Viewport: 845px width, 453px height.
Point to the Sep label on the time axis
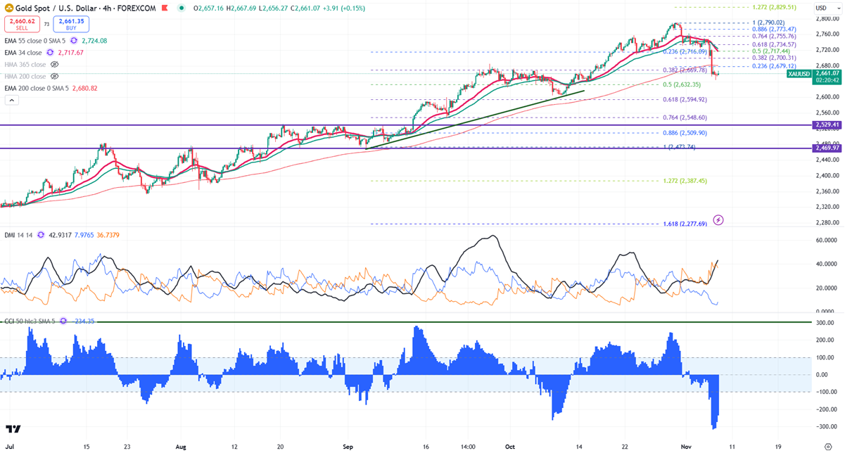(348, 446)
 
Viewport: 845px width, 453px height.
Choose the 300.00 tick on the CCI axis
(825, 322)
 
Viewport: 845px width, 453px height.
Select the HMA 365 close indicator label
(25, 64)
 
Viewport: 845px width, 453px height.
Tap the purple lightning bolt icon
(718, 220)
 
